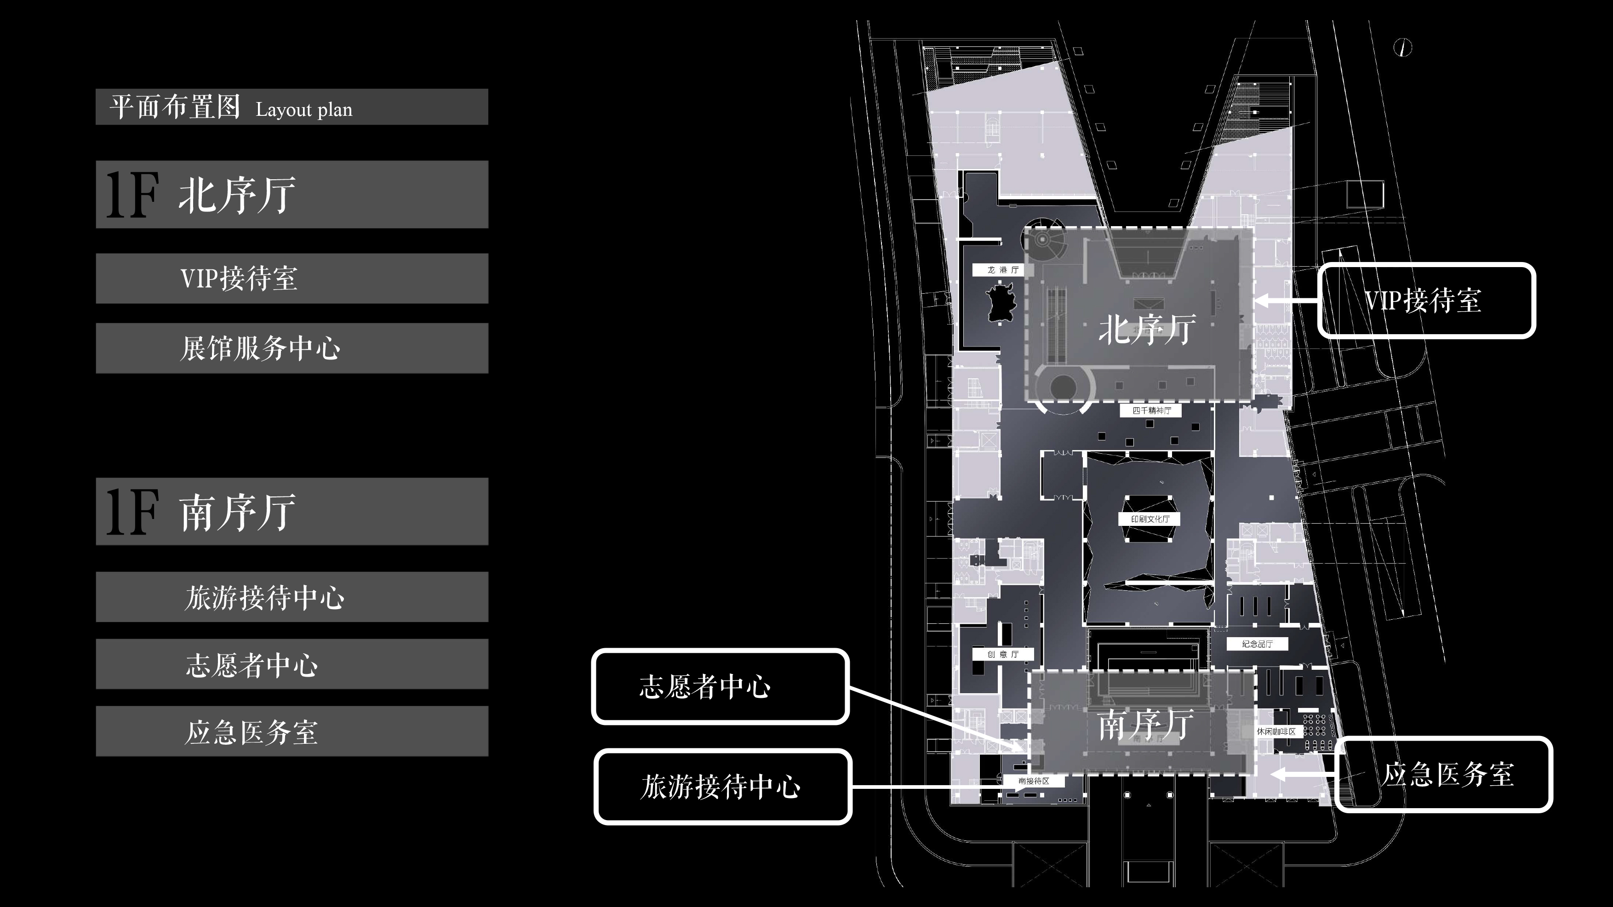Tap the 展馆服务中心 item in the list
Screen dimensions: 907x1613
click(292, 348)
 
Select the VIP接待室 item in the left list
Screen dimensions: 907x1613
click(292, 279)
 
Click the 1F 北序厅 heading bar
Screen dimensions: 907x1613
click(292, 194)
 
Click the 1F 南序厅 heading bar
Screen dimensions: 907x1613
click(292, 511)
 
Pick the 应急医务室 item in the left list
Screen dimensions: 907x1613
click(292, 731)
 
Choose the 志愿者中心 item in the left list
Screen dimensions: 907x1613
click(292, 664)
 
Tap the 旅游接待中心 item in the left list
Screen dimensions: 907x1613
click(292, 597)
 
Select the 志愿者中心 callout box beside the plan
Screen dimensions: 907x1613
click(720, 687)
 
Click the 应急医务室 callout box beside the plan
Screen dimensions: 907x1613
click(1443, 774)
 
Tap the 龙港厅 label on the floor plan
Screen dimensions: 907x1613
click(1002, 270)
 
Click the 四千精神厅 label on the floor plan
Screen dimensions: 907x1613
click(1151, 411)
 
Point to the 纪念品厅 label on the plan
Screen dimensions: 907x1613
click(1257, 644)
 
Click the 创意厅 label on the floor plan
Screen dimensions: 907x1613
click(1002, 654)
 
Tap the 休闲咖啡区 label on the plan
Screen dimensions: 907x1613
click(1276, 731)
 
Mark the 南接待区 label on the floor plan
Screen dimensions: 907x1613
click(1033, 781)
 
